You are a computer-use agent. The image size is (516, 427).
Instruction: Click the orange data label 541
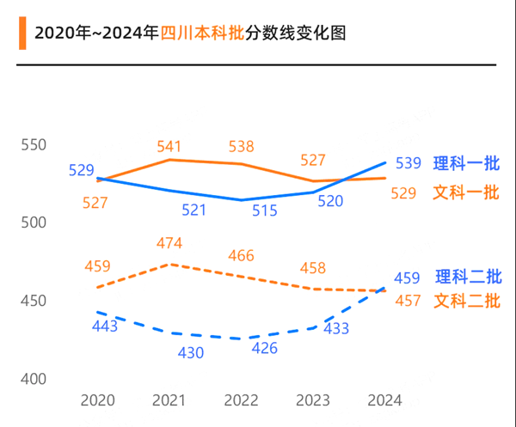(169, 147)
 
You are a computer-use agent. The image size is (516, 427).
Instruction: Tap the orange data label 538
(241, 147)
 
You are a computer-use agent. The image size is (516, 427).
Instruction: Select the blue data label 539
(408, 163)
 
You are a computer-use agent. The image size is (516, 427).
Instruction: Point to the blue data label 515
(265, 210)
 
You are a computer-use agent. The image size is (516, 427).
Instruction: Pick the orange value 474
(169, 244)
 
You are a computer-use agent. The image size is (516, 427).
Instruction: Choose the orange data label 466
(241, 255)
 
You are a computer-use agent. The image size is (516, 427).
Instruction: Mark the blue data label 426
(264, 348)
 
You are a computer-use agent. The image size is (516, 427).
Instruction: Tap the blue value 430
(190, 352)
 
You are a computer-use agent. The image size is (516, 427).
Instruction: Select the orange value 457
(407, 301)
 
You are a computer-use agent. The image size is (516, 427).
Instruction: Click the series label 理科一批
(466, 164)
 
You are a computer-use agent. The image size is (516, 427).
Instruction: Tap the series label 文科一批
(466, 192)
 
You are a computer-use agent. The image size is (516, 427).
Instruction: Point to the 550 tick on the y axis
(33, 144)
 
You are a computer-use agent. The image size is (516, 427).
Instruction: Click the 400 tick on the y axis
(33, 379)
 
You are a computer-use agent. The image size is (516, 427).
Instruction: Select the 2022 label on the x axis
(242, 400)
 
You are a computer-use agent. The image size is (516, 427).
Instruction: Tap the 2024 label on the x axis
(384, 400)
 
